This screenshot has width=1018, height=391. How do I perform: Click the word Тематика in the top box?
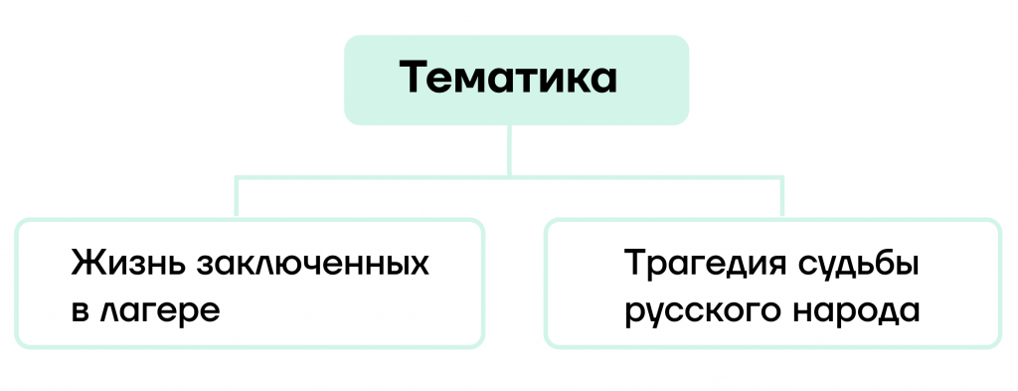[508, 78]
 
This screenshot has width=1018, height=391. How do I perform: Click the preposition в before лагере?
[80, 312]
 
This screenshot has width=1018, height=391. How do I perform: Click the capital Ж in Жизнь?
[85, 265]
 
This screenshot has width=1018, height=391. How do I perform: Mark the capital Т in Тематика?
[416, 78]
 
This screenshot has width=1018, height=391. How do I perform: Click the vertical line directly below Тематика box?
[509, 150]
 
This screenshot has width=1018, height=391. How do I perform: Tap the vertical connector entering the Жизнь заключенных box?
[237, 197]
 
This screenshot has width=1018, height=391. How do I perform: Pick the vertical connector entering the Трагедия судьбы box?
[781, 197]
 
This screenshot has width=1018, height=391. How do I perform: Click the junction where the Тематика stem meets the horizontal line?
[509, 176]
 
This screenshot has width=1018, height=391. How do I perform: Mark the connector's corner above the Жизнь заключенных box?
[237, 176]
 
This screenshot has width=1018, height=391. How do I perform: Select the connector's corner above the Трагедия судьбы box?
[781, 176]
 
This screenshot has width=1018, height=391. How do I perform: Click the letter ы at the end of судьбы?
[907, 268]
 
